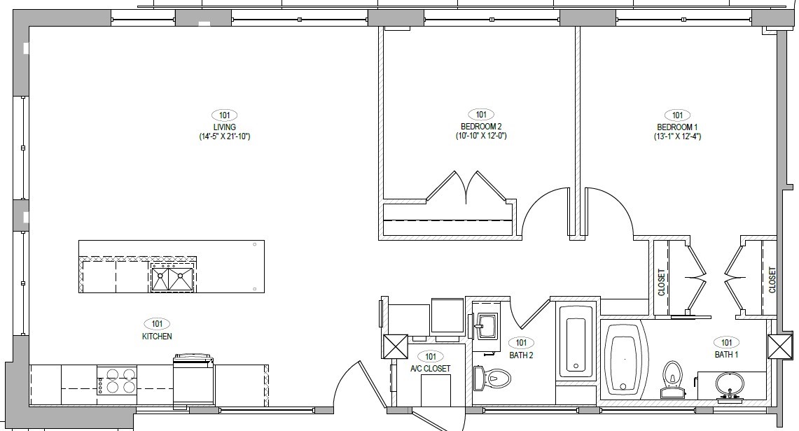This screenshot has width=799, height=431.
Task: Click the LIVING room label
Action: (224, 127)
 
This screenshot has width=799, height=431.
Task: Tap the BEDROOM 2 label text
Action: (480, 127)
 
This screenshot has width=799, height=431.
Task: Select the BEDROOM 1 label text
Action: (676, 127)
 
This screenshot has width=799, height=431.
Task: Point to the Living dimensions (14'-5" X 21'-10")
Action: (224, 136)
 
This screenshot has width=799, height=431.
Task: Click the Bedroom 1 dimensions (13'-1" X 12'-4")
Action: (676, 136)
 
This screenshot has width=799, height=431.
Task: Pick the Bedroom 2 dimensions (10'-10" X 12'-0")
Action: (480, 136)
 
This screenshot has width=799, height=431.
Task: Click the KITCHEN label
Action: (157, 336)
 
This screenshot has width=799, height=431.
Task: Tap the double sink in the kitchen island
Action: (172, 278)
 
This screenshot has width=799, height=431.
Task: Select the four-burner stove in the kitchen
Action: (116, 381)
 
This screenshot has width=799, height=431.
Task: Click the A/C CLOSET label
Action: (430, 368)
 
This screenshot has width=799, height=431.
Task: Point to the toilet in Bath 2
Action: (492, 379)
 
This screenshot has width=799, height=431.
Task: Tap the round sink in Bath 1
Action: (730, 384)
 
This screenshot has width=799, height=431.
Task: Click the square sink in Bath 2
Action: (487, 323)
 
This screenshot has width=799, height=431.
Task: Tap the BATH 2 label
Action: (521, 355)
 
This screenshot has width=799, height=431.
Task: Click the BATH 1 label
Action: (726, 355)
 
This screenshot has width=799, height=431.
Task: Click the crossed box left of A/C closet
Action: (395, 346)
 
